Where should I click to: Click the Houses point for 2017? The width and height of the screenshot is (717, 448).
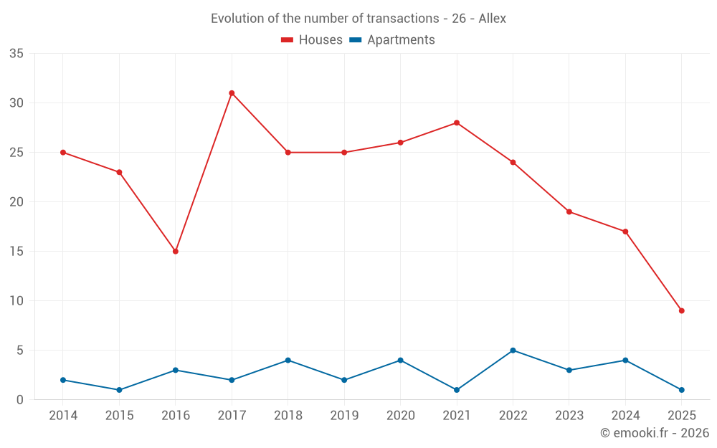pyautogui.click(x=232, y=93)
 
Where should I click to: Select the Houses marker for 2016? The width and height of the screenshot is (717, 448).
pyautogui.click(x=175, y=252)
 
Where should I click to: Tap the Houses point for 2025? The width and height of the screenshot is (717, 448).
pyautogui.click(x=682, y=310)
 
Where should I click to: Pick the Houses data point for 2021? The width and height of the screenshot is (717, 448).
pyautogui.click(x=457, y=123)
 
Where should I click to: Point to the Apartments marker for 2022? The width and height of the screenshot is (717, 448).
pyautogui.click(x=513, y=351)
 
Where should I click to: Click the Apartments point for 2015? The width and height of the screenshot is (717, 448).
pyautogui.click(x=119, y=390)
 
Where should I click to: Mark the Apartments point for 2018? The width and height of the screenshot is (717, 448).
pyautogui.click(x=288, y=361)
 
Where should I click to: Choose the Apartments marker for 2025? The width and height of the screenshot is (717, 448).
pyautogui.click(x=682, y=390)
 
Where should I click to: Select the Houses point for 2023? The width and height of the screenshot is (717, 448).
pyautogui.click(x=569, y=211)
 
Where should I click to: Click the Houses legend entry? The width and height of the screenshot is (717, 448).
pyautogui.click(x=312, y=40)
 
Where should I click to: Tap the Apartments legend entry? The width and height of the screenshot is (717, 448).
pyautogui.click(x=392, y=40)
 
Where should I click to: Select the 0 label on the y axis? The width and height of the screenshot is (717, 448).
pyautogui.click(x=21, y=400)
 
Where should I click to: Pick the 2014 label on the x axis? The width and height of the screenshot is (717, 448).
pyautogui.click(x=63, y=416)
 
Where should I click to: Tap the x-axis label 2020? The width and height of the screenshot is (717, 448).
pyautogui.click(x=400, y=416)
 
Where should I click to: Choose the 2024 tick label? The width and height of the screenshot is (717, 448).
pyautogui.click(x=625, y=416)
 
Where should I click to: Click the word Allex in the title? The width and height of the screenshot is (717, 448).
pyautogui.click(x=492, y=19)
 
